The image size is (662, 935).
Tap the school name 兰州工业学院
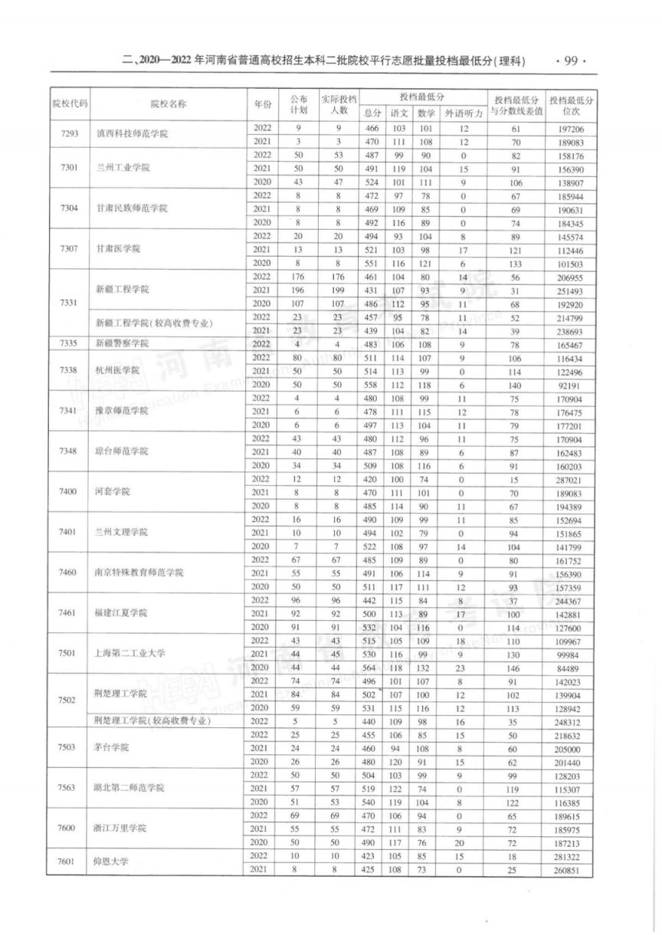tap(120, 168)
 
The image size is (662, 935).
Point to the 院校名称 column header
tap(168, 103)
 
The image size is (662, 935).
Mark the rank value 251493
tap(573, 290)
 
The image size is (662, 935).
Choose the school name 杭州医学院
tap(116, 370)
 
